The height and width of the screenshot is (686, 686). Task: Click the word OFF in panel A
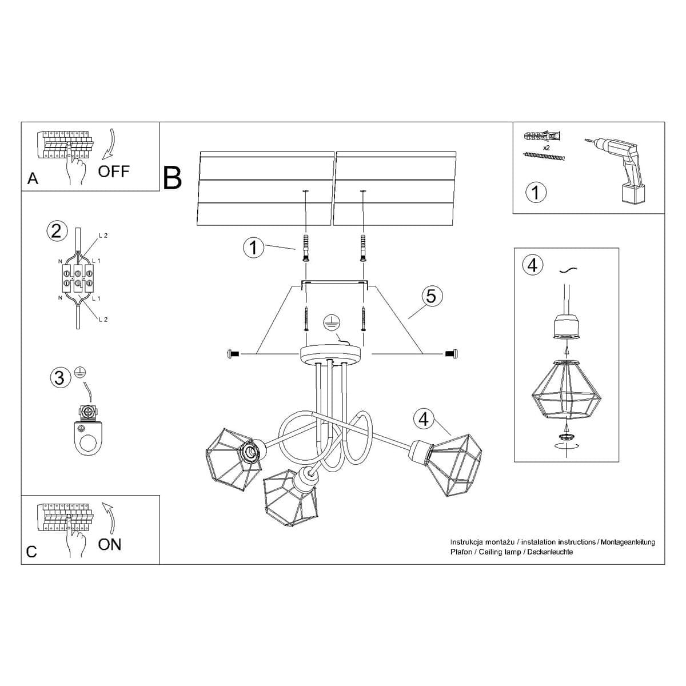click(114, 171)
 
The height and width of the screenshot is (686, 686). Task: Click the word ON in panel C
click(109, 544)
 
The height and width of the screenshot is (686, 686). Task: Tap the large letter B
click(172, 178)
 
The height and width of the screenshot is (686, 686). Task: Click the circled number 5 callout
click(431, 296)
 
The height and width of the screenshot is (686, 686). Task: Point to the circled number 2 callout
click(56, 231)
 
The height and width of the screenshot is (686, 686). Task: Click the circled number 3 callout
click(59, 377)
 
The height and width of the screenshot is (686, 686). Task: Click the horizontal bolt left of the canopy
click(232, 354)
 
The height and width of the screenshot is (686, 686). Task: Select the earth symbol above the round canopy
click(329, 322)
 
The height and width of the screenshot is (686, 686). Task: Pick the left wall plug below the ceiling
click(306, 247)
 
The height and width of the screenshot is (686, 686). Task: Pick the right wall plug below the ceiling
click(362, 247)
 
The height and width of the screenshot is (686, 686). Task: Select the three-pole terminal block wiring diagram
click(77, 277)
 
